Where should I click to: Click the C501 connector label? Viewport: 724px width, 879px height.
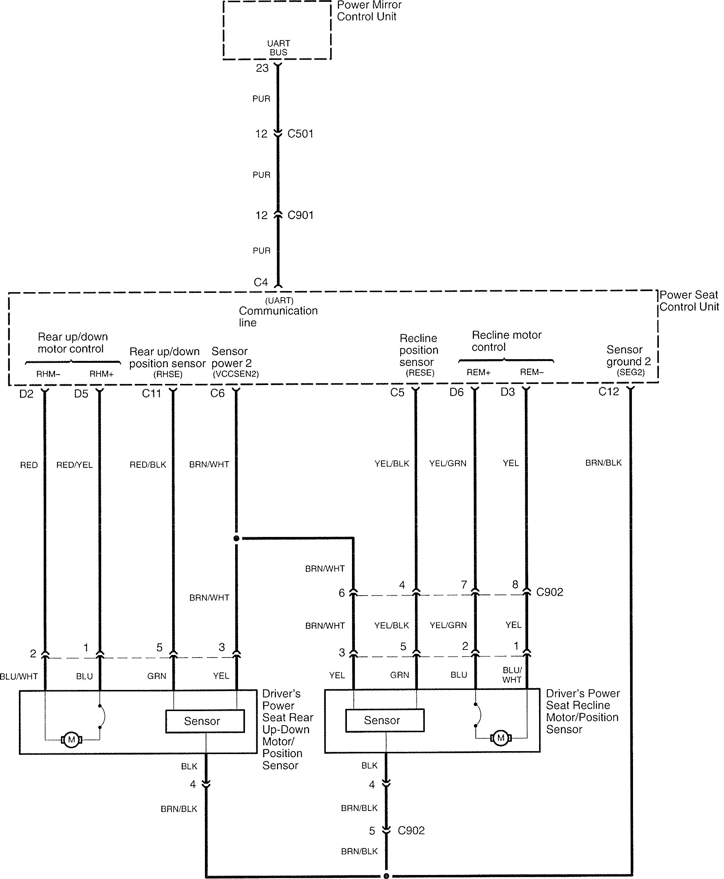point(300,134)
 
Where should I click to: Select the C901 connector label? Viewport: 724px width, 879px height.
point(300,215)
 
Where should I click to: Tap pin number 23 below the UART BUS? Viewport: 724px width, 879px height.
point(262,68)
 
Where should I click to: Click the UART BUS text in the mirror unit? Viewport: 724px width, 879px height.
point(278,48)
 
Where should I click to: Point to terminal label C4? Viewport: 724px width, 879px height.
point(261,283)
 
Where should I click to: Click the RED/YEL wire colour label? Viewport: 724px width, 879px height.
point(74,465)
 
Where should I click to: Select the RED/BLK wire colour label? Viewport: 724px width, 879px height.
point(148,465)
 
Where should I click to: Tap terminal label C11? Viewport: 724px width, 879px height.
point(151,393)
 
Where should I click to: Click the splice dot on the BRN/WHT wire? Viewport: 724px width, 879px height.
point(237,538)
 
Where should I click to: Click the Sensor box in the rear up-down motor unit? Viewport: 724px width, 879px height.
point(205,721)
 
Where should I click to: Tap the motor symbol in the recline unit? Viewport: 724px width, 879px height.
point(501,738)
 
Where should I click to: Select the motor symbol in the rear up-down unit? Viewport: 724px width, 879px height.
point(71,739)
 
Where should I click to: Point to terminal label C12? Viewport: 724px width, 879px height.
point(609,392)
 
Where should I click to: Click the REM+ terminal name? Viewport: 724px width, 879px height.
point(478,372)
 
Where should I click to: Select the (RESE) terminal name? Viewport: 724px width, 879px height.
point(420,373)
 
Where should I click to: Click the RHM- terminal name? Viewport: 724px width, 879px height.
point(48,374)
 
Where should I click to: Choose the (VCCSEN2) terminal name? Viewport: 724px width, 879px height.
point(236,374)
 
